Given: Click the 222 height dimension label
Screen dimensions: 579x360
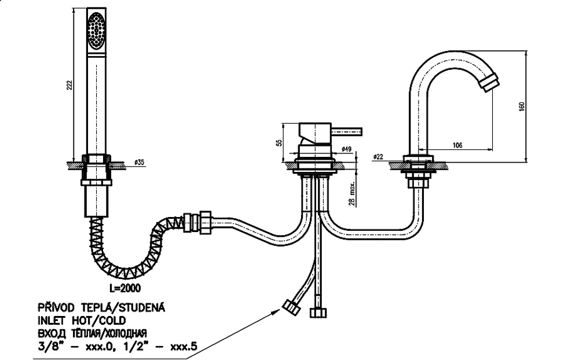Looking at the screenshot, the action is (69, 85).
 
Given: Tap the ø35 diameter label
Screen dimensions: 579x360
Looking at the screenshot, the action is (139, 163).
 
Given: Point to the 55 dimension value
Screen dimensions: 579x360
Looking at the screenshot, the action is (280, 142).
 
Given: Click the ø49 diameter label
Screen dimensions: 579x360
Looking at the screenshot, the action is (346, 149).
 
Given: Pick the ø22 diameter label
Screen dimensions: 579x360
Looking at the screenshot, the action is (378, 156).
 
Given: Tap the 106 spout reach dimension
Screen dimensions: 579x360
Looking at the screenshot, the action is (457, 145).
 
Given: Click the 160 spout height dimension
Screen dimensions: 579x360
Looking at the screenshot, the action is (522, 106).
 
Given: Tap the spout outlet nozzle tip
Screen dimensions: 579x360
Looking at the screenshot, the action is (489, 83).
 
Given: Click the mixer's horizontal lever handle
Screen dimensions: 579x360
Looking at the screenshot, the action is (347, 131).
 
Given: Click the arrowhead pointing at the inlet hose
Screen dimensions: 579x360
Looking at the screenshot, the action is (274, 312).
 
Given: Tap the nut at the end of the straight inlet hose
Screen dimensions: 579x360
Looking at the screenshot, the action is (318, 313).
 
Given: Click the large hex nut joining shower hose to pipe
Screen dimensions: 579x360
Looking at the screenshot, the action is (206, 222).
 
